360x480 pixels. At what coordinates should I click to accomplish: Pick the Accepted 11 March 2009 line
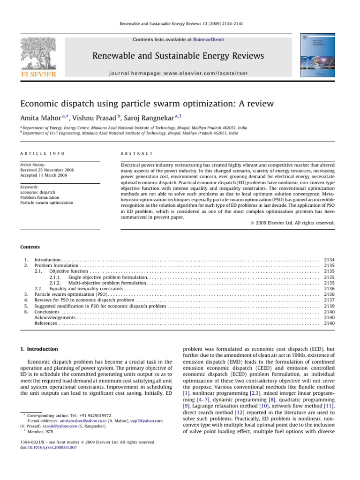(x=42, y=175)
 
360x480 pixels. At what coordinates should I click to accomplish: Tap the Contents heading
(x=30, y=247)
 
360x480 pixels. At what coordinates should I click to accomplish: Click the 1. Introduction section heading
(x=39, y=349)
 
